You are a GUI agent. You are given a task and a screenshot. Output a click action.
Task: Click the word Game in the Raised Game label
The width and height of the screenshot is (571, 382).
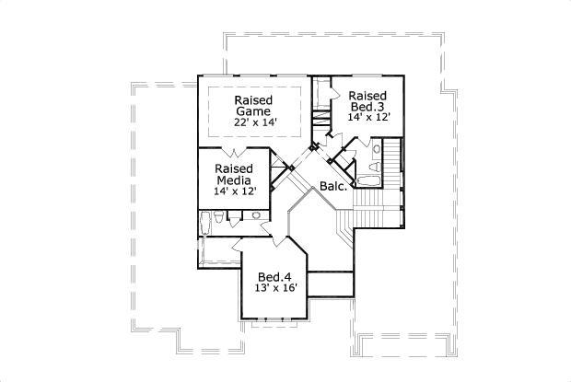coord(251,112)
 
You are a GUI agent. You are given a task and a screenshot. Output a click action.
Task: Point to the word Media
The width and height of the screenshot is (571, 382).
coord(234,180)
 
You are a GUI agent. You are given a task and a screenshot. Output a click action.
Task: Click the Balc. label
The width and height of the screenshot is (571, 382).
coord(332,187)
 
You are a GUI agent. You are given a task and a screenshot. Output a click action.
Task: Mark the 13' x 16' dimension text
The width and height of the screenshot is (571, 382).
coord(274,288)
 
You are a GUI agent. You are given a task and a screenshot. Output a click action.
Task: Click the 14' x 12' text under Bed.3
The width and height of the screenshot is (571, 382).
coord(369,118)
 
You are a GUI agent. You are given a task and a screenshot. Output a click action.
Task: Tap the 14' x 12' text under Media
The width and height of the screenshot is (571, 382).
coord(234,191)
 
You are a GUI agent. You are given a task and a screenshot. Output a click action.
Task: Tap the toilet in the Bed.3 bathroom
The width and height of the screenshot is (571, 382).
coord(378,146)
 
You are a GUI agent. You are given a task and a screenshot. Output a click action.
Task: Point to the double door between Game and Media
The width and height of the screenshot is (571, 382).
coord(237,150)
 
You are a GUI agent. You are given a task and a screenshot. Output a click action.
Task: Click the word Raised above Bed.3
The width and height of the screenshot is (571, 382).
coord(367,96)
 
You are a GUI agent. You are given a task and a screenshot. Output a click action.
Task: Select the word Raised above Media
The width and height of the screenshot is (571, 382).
coord(234,169)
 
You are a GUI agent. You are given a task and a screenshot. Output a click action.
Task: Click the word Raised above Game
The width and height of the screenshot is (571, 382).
coord(251,100)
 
